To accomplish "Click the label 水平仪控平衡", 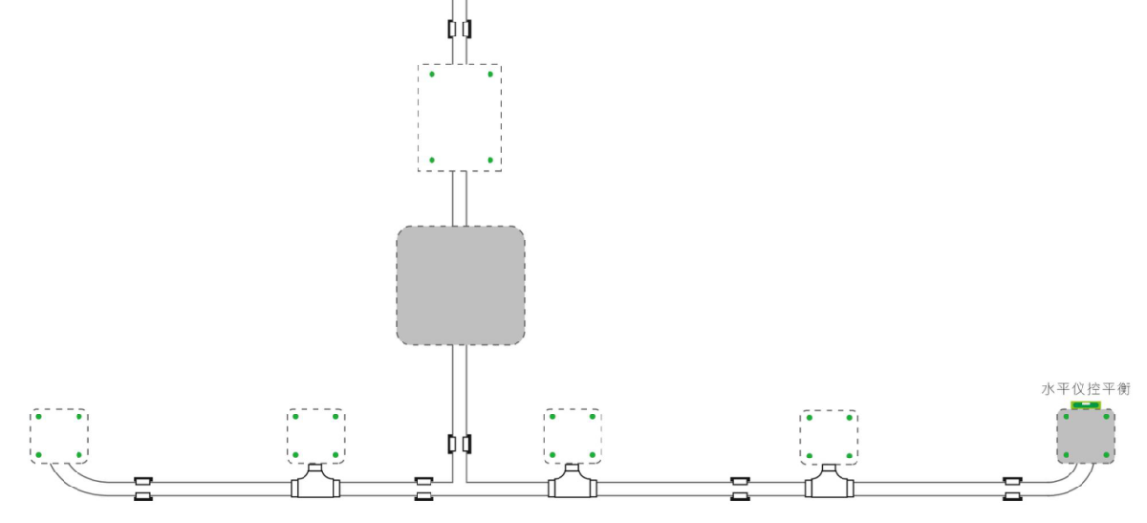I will pos(1086,389).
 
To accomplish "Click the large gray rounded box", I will pos(461,286).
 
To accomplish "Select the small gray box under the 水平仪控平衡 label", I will pos(1086,437).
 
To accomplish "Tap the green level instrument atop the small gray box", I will pos(1086,405).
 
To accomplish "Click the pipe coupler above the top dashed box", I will pos(460,29).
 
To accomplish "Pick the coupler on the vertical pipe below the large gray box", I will pos(460,445).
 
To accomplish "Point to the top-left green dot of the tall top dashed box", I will pos(432,74).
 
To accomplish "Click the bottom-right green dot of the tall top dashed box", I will pos(490,160).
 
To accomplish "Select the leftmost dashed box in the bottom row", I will pos(58,436).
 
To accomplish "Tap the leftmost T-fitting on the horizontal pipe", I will pos(316,484).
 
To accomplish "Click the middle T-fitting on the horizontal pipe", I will pos(573,484).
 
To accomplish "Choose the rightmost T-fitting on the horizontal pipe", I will pos(829,484).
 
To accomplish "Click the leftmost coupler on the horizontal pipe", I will pos(143,488).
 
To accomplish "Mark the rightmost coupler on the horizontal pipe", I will pos(1011,488).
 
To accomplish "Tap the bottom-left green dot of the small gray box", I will pos(1066,455).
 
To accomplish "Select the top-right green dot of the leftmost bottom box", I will pos(78,417).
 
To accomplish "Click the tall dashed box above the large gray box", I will pos(460,118).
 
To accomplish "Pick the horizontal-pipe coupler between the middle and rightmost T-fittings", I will pos(740,488).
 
